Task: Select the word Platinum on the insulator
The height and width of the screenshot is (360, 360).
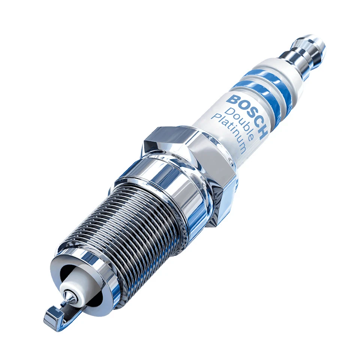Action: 228,133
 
